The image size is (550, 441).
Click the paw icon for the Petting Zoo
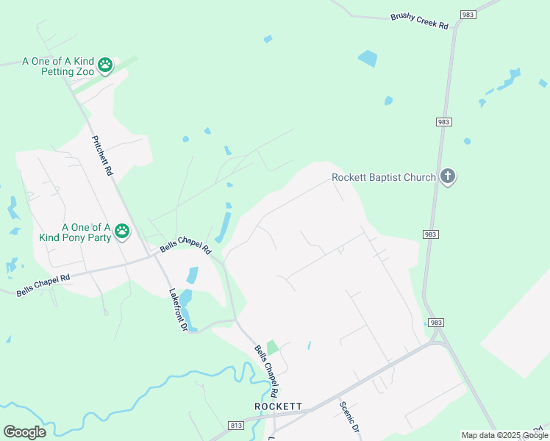coord(106,65)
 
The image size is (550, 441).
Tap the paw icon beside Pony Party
coord(122,232)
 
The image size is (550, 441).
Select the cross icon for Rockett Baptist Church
coord(448,176)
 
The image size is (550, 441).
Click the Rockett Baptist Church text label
coord(383,177)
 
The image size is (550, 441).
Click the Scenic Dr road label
coord(349,417)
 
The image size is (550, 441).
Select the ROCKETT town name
coord(279,406)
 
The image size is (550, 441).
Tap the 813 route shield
coord(236,425)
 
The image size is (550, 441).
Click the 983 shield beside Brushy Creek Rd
coord(468,14)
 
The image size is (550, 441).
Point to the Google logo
coord(24,431)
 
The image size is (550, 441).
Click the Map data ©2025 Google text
coord(504,435)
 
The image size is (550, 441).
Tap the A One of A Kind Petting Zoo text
coord(59,65)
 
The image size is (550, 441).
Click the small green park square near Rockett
coord(272,347)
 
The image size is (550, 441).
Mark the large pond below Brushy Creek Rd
coord(367,58)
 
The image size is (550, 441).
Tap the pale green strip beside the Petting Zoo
coord(125,65)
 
